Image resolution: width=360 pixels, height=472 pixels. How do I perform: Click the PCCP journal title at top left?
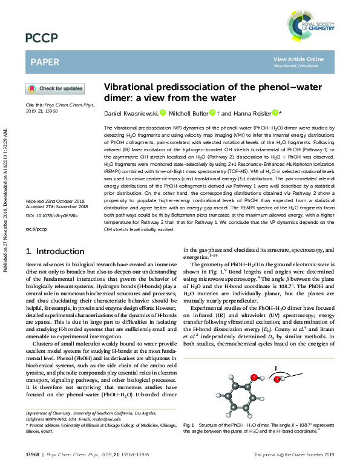[41, 39]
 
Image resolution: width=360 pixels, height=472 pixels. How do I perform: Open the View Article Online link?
[298, 59]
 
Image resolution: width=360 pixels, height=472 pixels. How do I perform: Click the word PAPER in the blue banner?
[44, 61]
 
